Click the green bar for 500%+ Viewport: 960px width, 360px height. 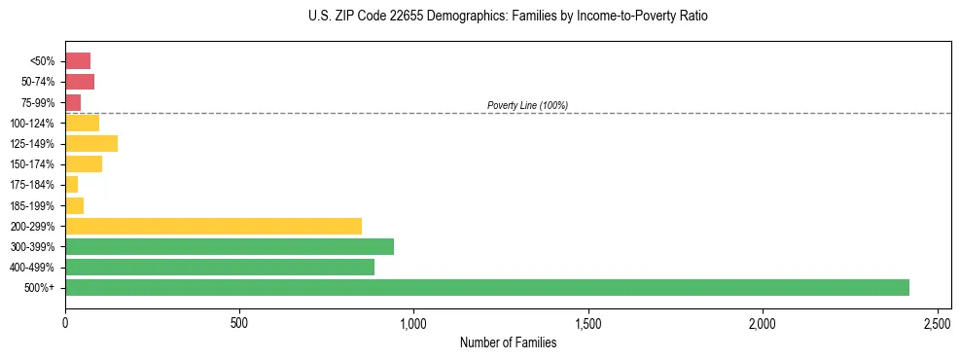click(x=486, y=287)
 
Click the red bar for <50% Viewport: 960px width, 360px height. click(x=78, y=61)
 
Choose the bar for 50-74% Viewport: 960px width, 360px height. click(x=80, y=82)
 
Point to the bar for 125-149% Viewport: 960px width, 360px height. click(x=91, y=143)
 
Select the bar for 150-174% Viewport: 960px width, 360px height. click(x=84, y=163)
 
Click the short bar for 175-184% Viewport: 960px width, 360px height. click(x=72, y=184)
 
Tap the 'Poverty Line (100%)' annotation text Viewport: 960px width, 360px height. click(x=527, y=105)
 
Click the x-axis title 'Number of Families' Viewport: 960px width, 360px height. click(x=508, y=342)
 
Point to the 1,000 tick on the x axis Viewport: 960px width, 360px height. click(x=413, y=321)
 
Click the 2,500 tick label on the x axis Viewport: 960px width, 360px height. click(x=937, y=321)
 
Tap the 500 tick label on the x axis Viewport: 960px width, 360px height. click(x=239, y=321)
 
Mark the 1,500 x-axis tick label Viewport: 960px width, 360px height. click(x=587, y=321)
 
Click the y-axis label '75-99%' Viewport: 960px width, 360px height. click(x=39, y=102)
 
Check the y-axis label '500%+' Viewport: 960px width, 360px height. click(x=41, y=288)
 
